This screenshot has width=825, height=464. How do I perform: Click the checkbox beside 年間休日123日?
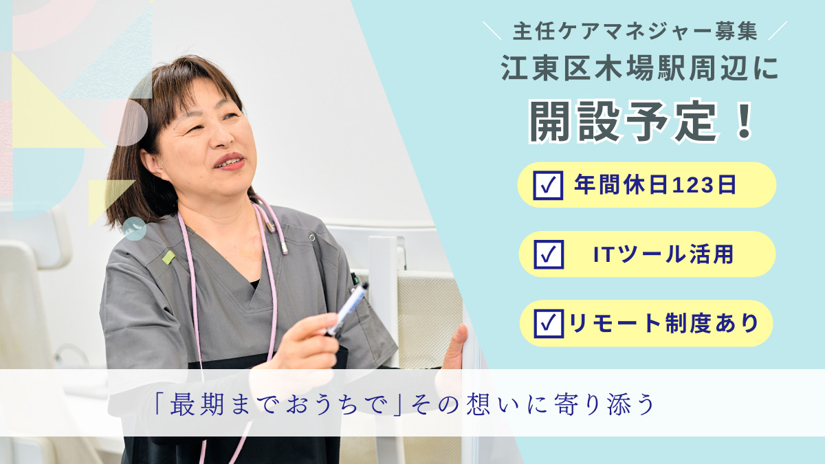pyautogui.click(x=548, y=186)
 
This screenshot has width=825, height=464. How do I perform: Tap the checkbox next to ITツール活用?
pyautogui.click(x=548, y=254)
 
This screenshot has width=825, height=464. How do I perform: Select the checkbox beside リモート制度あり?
pyautogui.click(x=548, y=323)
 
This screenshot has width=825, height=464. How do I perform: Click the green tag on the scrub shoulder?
pyautogui.click(x=168, y=257)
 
